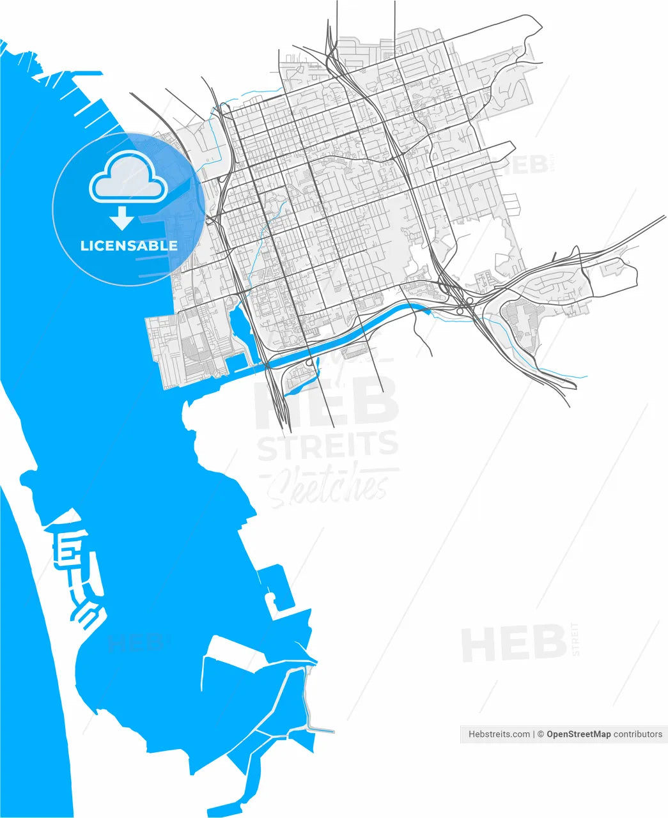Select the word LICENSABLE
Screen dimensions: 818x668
click(128, 245)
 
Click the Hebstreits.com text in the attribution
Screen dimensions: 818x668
click(499, 734)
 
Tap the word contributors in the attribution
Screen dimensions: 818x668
click(638, 734)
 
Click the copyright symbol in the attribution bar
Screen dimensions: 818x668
click(540, 734)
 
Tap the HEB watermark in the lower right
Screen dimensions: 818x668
click(515, 644)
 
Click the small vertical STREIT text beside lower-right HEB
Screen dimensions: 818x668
click(575, 639)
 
